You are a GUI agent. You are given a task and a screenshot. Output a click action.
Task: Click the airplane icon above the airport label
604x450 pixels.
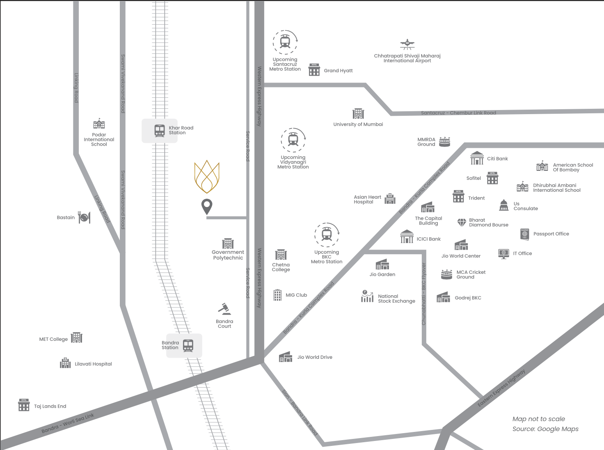tap(407, 44)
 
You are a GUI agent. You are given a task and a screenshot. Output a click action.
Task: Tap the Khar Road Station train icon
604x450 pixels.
tap(160, 131)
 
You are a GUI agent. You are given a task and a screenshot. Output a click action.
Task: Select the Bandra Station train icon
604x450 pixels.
tap(188, 345)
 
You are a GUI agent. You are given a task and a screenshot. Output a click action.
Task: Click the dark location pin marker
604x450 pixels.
tap(207, 206)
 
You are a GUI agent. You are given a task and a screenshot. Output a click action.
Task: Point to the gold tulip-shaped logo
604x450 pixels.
tap(207, 177)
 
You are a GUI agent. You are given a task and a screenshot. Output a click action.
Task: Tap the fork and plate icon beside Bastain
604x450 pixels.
tap(85, 218)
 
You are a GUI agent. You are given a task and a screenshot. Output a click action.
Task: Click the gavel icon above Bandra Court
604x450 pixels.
tap(224, 309)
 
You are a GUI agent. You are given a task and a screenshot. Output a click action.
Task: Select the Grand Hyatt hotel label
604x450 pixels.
tap(338, 71)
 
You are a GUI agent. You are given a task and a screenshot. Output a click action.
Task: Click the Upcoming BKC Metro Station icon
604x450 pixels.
tap(327, 235)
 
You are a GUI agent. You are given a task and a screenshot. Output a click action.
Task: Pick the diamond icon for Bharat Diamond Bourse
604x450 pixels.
tap(462, 223)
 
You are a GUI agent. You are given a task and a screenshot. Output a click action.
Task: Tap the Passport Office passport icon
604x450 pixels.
tap(524, 234)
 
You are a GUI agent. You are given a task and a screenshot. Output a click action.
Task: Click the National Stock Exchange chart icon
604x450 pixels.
tap(367, 296)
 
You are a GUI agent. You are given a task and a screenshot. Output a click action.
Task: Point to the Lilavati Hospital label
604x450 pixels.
tap(93, 364)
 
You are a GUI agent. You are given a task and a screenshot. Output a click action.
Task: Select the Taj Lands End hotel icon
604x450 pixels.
tap(24, 405)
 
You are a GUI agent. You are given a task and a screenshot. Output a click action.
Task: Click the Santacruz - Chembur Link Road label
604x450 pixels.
tap(458, 113)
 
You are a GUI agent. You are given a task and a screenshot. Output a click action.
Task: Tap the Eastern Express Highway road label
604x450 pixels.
tap(501, 388)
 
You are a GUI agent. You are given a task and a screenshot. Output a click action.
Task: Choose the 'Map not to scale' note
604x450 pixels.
tap(538, 419)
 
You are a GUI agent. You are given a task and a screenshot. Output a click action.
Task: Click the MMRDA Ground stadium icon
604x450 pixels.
tap(444, 142)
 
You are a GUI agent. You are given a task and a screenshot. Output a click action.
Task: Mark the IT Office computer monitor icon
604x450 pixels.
tap(503, 254)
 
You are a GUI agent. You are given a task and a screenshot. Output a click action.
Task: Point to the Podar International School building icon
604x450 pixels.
tap(99, 124)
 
